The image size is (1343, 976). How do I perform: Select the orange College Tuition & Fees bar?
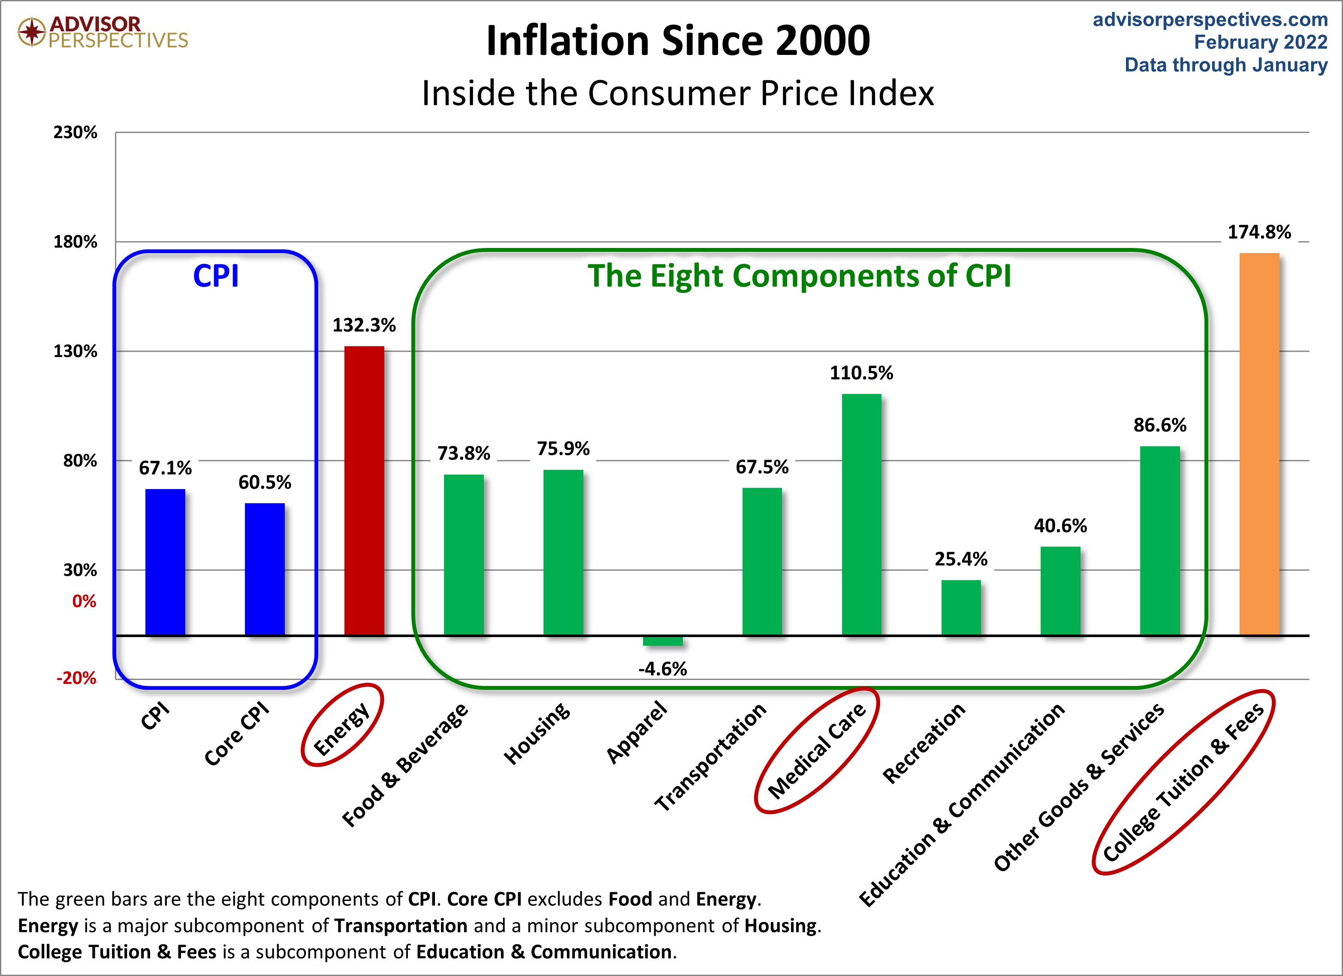[1259, 444]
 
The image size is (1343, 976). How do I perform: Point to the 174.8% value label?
[1259, 232]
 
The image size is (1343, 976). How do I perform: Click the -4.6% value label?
[663, 669]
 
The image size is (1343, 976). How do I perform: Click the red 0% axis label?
[84, 602]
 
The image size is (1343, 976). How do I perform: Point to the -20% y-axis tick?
[76, 678]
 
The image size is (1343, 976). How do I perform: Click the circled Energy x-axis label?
[342, 729]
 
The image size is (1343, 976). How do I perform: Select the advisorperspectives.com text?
[1210, 20]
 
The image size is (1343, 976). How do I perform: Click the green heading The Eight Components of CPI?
[800, 276]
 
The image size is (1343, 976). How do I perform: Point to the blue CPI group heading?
[216, 276]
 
